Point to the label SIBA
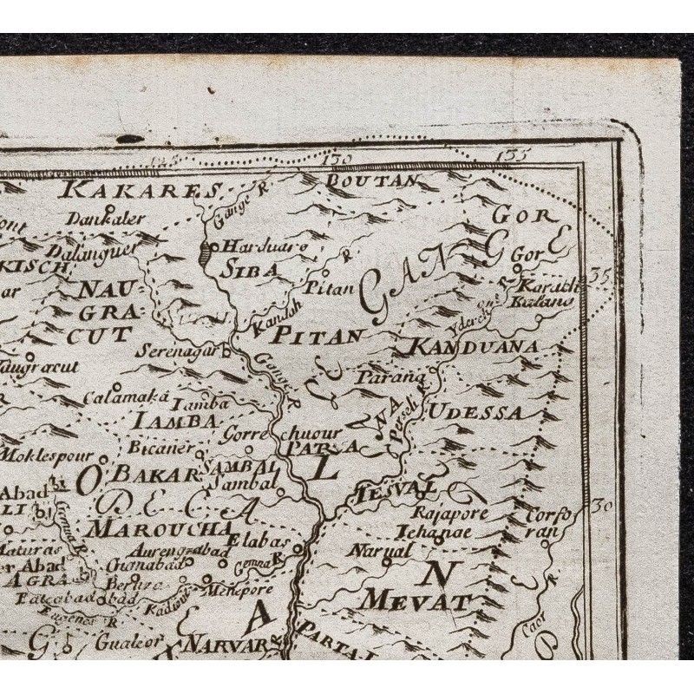pyautogui.click(x=252, y=269)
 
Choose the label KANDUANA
pyautogui.click(x=468, y=348)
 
